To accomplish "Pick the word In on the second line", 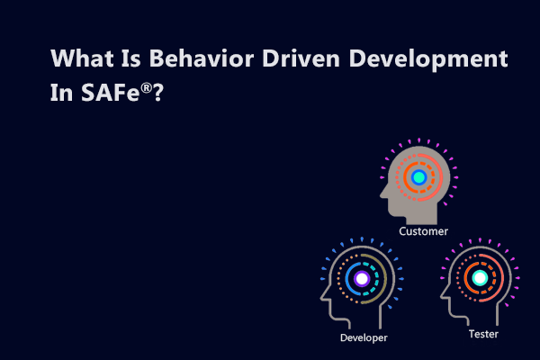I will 62,94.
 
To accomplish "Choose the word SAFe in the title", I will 107,94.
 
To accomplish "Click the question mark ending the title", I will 158,94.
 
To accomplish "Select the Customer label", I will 424,231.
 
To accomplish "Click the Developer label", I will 364,338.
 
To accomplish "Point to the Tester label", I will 483,334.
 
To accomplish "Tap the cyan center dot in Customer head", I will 418,177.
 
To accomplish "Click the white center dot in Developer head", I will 362,279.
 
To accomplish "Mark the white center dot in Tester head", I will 480,278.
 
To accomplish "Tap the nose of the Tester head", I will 442,291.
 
